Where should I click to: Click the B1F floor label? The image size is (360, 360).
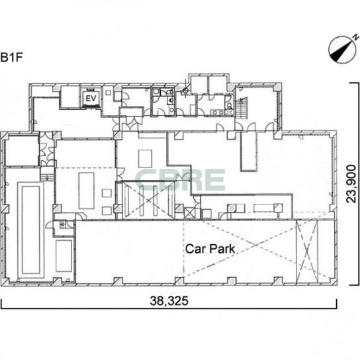click(11, 58)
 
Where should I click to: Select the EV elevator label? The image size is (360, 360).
click(91, 98)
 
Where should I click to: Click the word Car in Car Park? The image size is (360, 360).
click(195, 249)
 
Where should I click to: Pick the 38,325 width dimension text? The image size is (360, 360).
click(169, 300)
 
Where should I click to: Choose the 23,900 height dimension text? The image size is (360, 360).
click(351, 184)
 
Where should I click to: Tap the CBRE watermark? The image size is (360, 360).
click(180, 180)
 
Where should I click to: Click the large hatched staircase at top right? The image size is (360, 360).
click(242, 108)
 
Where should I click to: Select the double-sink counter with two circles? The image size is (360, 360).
click(218, 112)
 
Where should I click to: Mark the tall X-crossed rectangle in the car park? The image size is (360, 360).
click(307, 251)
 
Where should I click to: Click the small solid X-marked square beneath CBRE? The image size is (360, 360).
click(190, 213)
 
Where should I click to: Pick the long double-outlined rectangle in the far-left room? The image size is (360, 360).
click(30, 230)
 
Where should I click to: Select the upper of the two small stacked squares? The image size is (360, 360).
click(107, 193)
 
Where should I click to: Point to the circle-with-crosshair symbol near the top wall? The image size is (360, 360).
click(185, 91)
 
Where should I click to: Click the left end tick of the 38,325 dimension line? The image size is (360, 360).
click(1, 304)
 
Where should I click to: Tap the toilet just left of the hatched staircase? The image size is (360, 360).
click(230, 107)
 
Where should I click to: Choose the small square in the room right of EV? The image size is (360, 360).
click(108, 93)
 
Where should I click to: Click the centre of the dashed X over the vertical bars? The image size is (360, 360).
click(149, 199)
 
